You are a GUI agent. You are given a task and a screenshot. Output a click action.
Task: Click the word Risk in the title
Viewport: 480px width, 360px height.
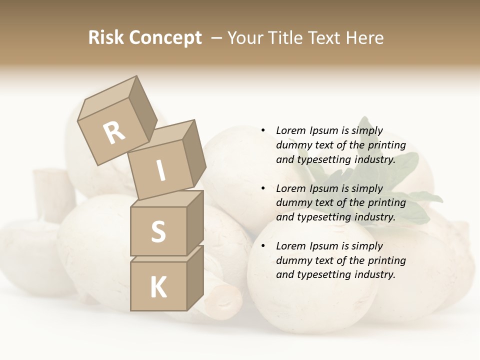coord(105,38)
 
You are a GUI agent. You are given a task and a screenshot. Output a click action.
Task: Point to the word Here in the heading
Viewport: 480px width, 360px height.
coord(365,38)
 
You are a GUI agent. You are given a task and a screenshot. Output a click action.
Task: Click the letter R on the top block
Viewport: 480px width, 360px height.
coord(114,133)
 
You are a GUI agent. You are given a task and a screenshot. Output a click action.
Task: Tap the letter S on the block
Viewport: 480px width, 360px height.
coord(158,231)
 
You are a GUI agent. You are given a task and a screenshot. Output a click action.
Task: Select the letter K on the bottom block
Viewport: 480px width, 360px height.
coord(158,287)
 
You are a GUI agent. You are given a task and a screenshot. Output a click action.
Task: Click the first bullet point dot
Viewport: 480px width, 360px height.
coord(263,130)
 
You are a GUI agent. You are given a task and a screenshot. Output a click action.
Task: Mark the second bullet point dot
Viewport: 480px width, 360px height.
coord(263,188)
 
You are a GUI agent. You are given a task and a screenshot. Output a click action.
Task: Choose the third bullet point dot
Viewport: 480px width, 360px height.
coord(263,246)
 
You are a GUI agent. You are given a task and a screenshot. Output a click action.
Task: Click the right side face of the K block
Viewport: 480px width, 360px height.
coord(195,277)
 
